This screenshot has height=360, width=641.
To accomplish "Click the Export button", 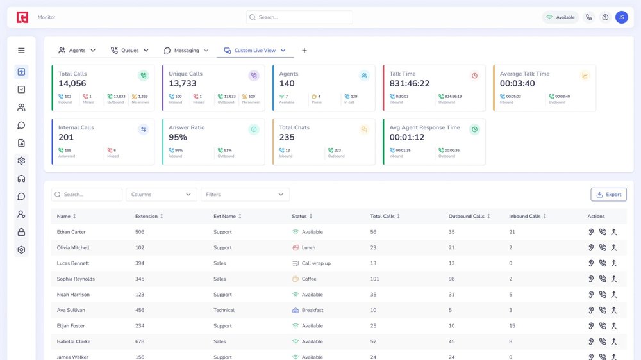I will (x=608, y=195).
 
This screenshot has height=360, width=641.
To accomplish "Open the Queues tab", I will (x=129, y=51).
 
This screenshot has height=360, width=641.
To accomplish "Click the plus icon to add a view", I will (x=304, y=51).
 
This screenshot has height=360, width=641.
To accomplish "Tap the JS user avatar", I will (x=621, y=17).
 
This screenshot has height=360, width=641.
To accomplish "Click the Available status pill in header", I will (x=560, y=17).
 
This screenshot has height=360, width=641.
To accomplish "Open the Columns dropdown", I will (x=162, y=195).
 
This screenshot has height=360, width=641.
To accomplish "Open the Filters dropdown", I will (x=245, y=195).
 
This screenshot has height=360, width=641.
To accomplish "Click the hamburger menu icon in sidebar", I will (x=21, y=51).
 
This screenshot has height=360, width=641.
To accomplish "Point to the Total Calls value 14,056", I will (x=72, y=84).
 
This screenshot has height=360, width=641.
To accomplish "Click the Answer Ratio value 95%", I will (x=178, y=138).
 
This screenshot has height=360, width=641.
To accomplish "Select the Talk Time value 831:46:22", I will (x=410, y=84).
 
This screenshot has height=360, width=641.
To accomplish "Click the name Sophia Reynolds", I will (x=76, y=279).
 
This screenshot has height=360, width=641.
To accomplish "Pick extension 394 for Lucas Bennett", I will (x=140, y=263).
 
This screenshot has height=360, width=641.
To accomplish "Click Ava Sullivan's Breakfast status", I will (x=312, y=311).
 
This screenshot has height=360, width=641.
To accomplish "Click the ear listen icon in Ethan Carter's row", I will (x=591, y=232).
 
